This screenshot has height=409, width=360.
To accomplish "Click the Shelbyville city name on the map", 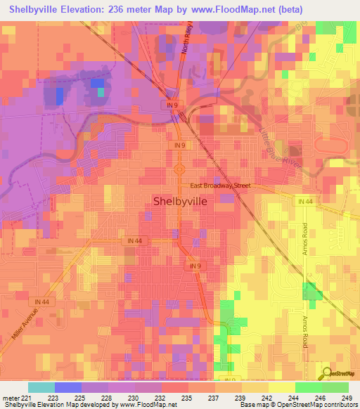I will [x=179, y=200].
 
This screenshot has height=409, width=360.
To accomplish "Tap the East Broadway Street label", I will [x=221, y=186].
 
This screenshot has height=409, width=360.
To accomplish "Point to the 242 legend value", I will [x=268, y=398].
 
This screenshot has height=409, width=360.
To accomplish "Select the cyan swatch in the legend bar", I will [x=41, y=387].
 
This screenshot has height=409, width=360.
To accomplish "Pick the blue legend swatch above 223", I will [x=68, y=387].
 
